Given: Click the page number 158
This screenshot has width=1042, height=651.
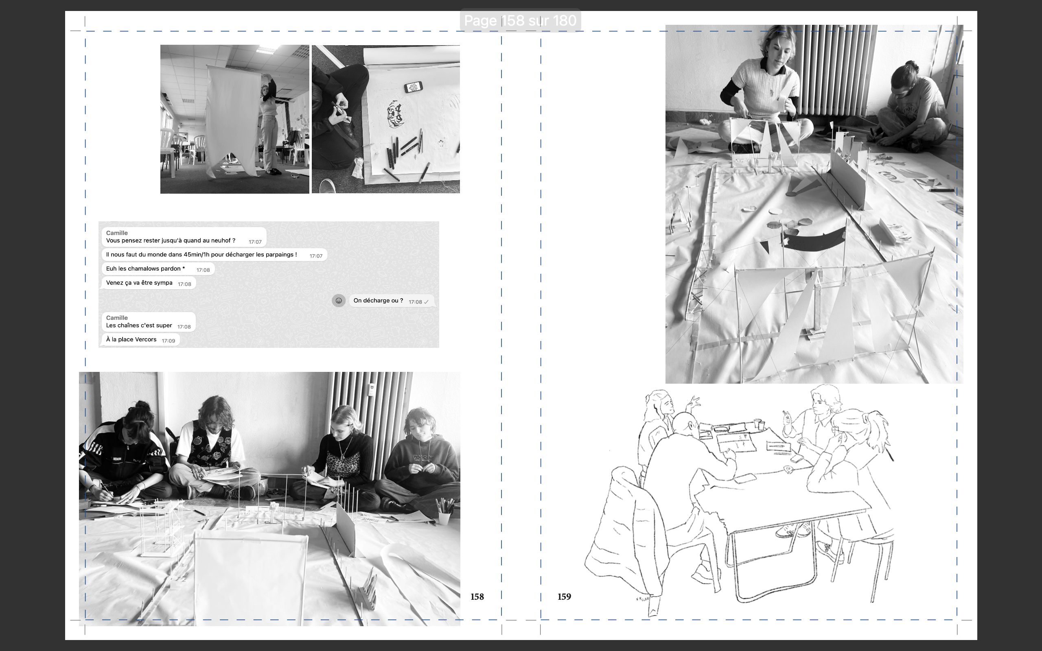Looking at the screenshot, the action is (x=477, y=597).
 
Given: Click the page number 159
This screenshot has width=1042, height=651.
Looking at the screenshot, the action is (x=564, y=597).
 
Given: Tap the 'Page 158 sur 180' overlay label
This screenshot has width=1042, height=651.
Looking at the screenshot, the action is (x=520, y=20).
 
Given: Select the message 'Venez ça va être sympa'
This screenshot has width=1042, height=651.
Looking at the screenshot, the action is (x=139, y=283).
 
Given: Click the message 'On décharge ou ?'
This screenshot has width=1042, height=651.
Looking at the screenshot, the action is (x=378, y=301).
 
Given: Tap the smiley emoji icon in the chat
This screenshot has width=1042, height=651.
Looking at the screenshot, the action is (x=338, y=301).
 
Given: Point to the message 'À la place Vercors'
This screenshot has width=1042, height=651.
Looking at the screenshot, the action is (x=131, y=339).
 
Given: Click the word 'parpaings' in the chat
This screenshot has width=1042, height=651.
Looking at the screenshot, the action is (x=279, y=255).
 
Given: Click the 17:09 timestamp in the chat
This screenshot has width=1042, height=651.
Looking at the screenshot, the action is (x=169, y=341).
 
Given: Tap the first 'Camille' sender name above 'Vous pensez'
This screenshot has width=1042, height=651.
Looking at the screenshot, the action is (x=117, y=233).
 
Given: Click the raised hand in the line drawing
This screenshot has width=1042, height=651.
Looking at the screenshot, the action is (x=693, y=403).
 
